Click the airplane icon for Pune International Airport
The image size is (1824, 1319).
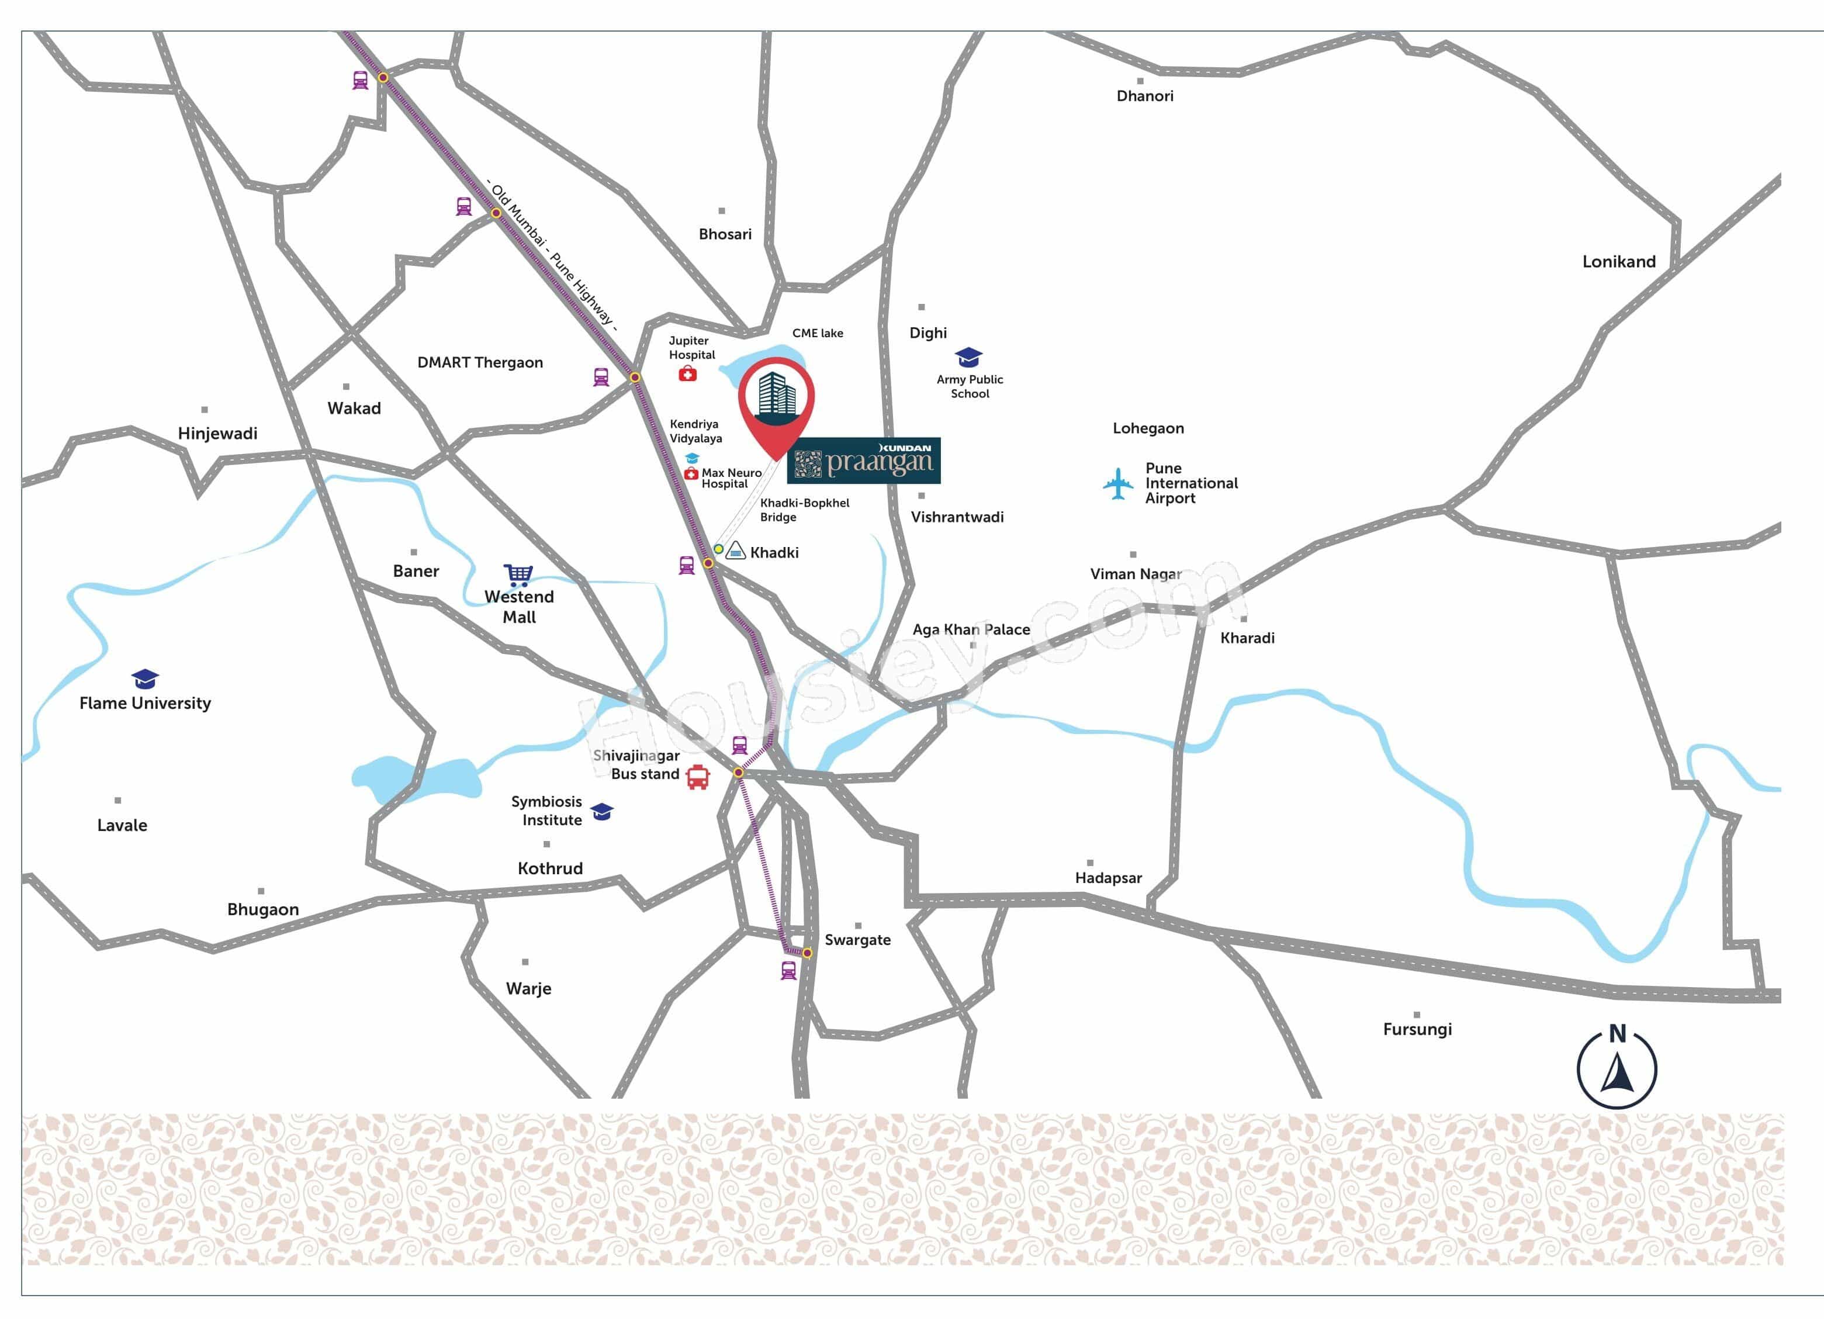[1118, 483]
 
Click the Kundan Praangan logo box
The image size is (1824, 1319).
[863, 461]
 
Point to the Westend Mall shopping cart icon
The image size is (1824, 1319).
[518, 574]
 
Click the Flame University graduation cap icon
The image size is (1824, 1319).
[145, 679]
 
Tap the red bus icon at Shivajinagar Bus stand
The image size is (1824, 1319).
[697, 777]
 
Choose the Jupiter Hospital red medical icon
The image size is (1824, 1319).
[688, 374]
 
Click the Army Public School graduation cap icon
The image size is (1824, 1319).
[968, 357]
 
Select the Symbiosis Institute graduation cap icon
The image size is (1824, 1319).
[601, 812]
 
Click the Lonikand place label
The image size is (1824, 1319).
[1618, 261]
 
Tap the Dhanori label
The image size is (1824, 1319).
[1144, 96]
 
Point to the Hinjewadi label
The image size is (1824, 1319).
[217, 434]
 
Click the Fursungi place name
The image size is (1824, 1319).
[1417, 1030]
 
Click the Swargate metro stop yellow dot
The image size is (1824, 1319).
[807, 953]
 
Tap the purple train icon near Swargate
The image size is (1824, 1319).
[789, 970]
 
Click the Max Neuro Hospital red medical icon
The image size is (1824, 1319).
[690, 474]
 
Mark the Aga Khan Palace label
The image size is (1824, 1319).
[971, 630]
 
